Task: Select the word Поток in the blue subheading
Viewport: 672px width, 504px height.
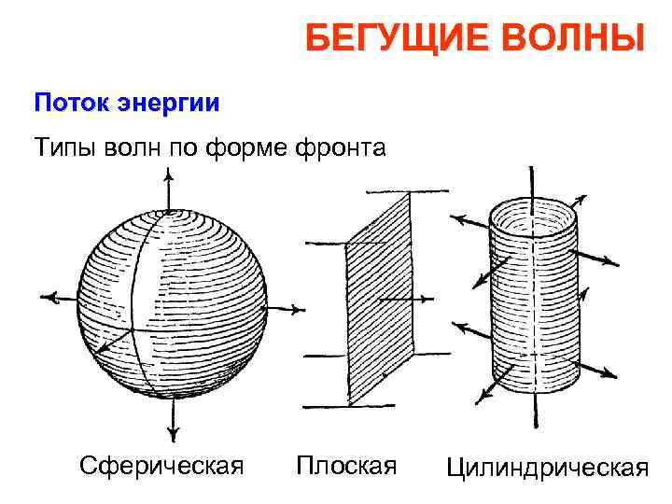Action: [x=72, y=103]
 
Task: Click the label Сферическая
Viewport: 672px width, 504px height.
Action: [x=161, y=465]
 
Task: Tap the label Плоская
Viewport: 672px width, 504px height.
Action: [x=345, y=465]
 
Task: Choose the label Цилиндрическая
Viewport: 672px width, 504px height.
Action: [x=547, y=467]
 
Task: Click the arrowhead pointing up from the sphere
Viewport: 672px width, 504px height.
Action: [x=168, y=174]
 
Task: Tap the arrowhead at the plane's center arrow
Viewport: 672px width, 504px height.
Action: [x=430, y=300]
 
